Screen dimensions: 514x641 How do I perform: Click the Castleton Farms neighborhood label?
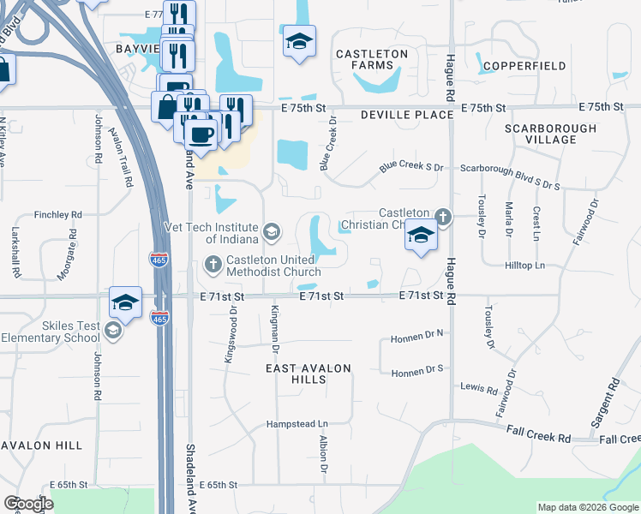371,60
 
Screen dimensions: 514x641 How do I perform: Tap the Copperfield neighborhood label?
524,66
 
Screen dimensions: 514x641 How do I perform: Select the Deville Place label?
406,115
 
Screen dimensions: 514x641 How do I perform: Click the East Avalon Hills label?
309,374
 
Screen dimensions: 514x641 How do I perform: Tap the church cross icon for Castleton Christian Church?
442,216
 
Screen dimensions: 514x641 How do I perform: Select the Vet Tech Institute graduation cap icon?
271,231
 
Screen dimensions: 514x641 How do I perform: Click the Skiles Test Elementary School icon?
112,331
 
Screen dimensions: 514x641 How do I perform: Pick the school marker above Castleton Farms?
299,41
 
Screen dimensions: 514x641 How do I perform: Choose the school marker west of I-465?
125,302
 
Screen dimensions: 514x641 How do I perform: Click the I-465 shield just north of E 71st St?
160,260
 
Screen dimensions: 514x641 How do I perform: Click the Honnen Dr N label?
419,335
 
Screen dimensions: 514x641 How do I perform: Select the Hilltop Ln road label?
527,266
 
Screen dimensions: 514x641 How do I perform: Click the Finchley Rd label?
58,214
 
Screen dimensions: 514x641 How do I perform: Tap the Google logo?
29,504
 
